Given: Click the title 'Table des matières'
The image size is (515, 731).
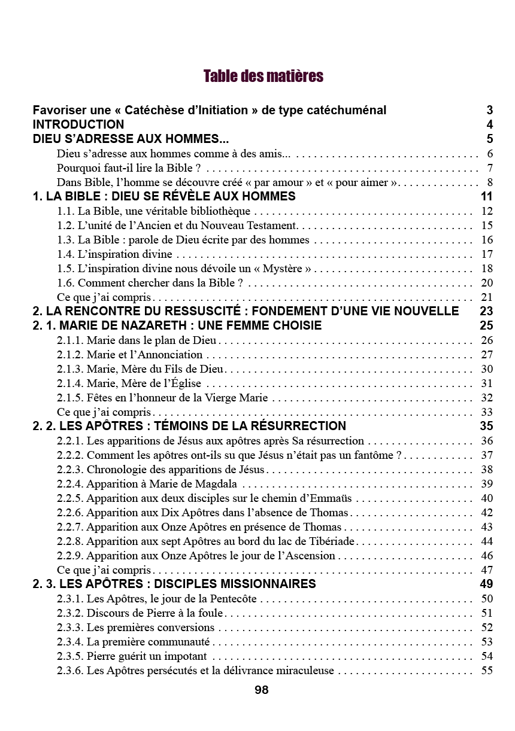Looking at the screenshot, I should tap(263, 77).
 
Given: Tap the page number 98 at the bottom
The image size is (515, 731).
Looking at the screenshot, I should tap(262, 690).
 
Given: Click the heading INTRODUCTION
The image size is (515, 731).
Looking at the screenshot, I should tap(78, 124).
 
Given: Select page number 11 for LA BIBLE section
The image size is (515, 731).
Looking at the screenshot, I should tap(486, 196).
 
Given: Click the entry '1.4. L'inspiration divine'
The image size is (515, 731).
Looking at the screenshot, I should tap(115, 254).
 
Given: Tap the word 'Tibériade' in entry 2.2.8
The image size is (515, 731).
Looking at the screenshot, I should tap(331, 541).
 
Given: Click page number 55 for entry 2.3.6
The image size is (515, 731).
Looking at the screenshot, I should tap(487, 671).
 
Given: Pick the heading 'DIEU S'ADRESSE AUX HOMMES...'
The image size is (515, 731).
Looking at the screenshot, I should tap(131, 139).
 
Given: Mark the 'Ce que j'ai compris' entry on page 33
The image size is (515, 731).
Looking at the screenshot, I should tap(104, 412).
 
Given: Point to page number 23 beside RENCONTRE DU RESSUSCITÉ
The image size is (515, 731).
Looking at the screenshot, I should tap(486, 311).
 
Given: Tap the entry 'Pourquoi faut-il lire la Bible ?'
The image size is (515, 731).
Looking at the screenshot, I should tap(128, 167).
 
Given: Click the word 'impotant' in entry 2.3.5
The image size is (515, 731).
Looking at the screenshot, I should tap(185, 656).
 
